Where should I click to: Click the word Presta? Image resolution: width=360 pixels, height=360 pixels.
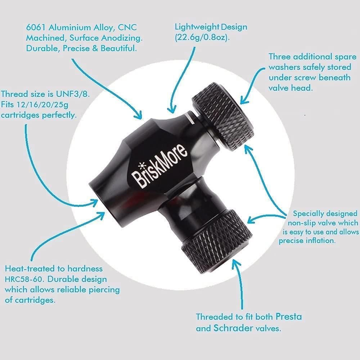tap(289, 317)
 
